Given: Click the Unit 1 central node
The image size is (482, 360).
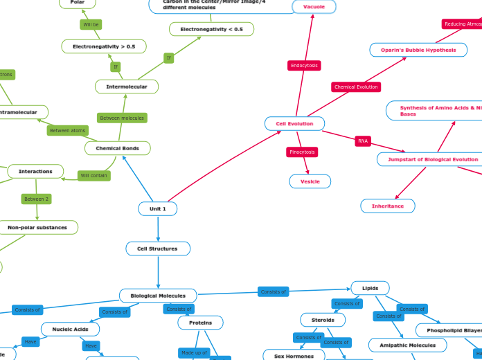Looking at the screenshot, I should click(158, 208).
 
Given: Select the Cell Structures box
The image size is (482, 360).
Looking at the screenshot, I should click(158, 249).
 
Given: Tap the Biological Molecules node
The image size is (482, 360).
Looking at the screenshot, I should click(158, 296).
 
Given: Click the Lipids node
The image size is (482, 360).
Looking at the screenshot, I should click(370, 288).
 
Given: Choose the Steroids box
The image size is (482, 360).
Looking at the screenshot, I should click(323, 320).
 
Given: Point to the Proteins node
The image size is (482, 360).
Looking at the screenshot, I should click(200, 323).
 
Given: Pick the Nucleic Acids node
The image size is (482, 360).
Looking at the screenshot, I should click(70, 329).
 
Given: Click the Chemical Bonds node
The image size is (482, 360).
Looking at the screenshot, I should click(117, 148).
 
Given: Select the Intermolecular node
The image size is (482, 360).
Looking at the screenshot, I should click(127, 87).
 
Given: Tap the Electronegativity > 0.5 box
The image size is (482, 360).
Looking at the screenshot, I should click(104, 46).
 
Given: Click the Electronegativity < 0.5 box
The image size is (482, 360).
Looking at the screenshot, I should click(211, 29).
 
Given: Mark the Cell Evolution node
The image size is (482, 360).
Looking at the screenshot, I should click(294, 123).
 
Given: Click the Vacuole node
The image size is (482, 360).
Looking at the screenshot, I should click(314, 7).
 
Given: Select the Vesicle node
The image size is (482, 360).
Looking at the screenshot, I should click(310, 181).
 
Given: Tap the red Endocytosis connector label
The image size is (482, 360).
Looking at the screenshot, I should click(304, 66).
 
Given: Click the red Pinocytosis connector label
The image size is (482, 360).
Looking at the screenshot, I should click(302, 152).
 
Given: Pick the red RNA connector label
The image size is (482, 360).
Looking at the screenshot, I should click(363, 141).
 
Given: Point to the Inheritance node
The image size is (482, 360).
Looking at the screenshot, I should click(387, 206).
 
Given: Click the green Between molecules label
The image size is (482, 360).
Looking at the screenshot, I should click(122, 118).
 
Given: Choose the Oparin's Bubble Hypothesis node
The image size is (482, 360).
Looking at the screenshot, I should click(418, 50).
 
